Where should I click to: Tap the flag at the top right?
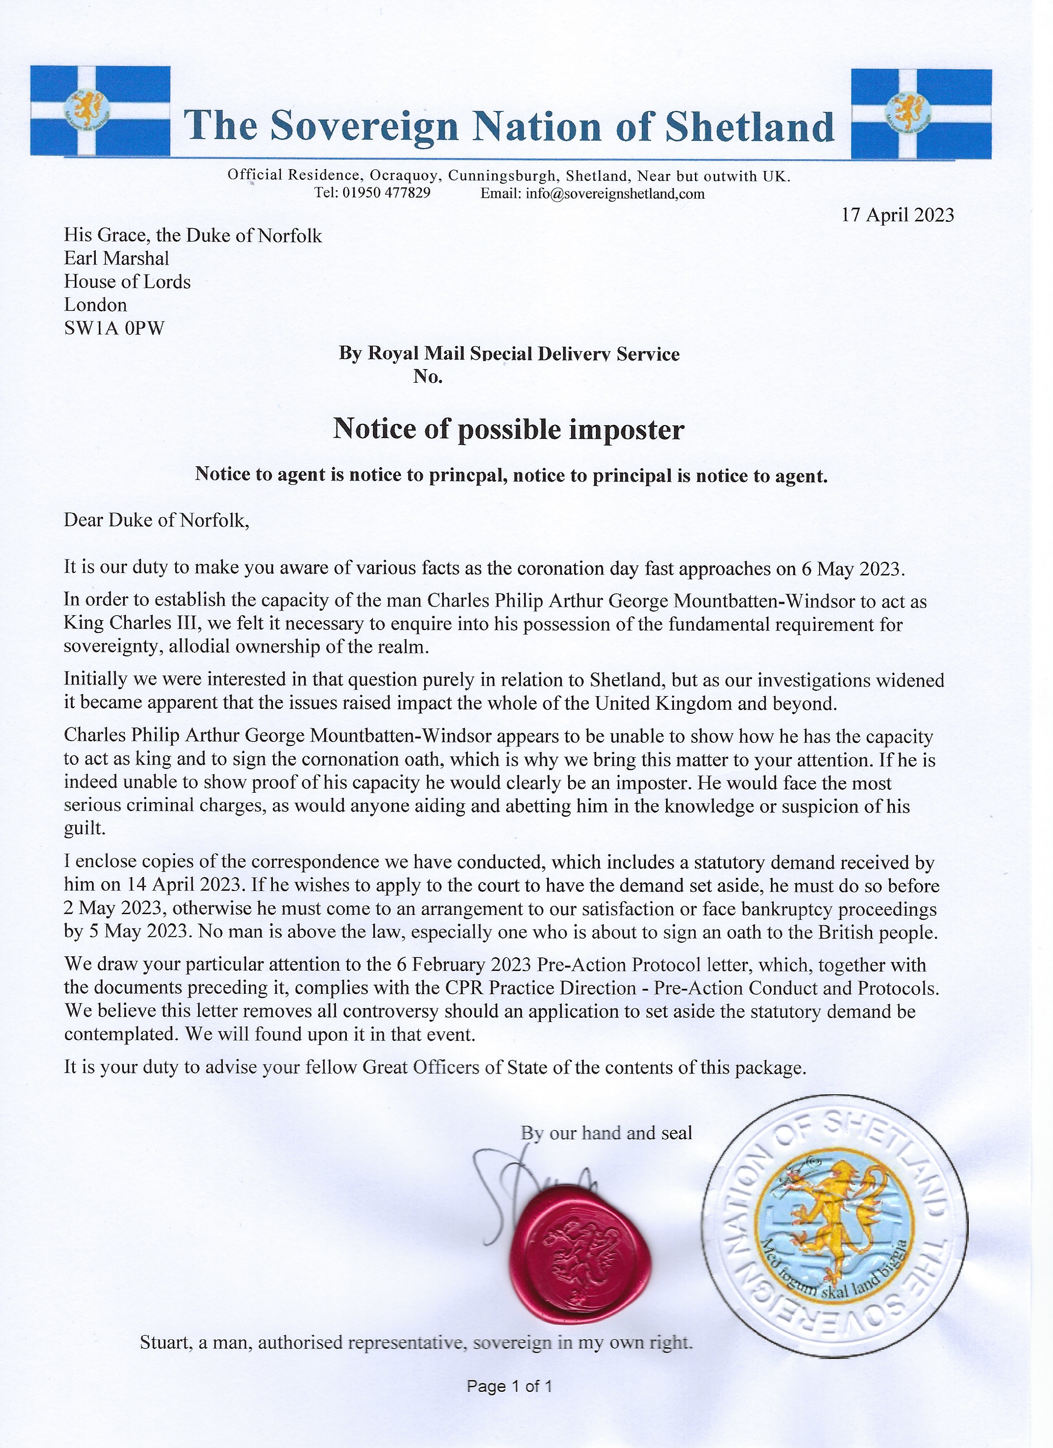[921, 113]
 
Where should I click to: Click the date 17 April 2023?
[897, 215]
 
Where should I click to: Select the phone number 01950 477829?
[387, 193]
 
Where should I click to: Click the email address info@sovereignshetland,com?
[615, 194]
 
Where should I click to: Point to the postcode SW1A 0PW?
[114, 328]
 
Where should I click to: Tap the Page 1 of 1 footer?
[509, 1404]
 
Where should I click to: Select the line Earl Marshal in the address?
[116, 258]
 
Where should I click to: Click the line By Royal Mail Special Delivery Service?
[509, 354]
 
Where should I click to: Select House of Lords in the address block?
[127, 282]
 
